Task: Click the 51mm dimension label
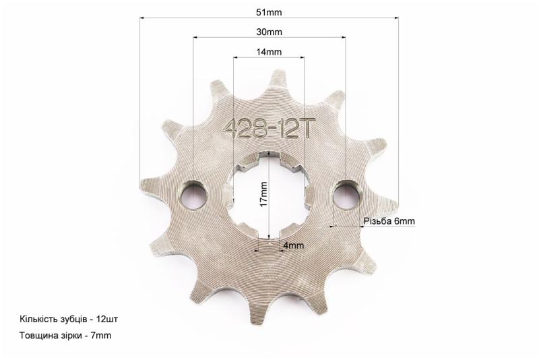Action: coord(269,12)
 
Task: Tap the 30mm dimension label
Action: coord(269,32)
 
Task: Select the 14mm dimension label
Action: coord(269,52)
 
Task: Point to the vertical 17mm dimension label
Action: coord(263,194)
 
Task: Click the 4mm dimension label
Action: coord(294,245)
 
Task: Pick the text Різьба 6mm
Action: coord(389,220)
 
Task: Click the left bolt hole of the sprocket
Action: coord(194,195)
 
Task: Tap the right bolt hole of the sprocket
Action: coord(346,195)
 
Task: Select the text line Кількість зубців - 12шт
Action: coord(69,319)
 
